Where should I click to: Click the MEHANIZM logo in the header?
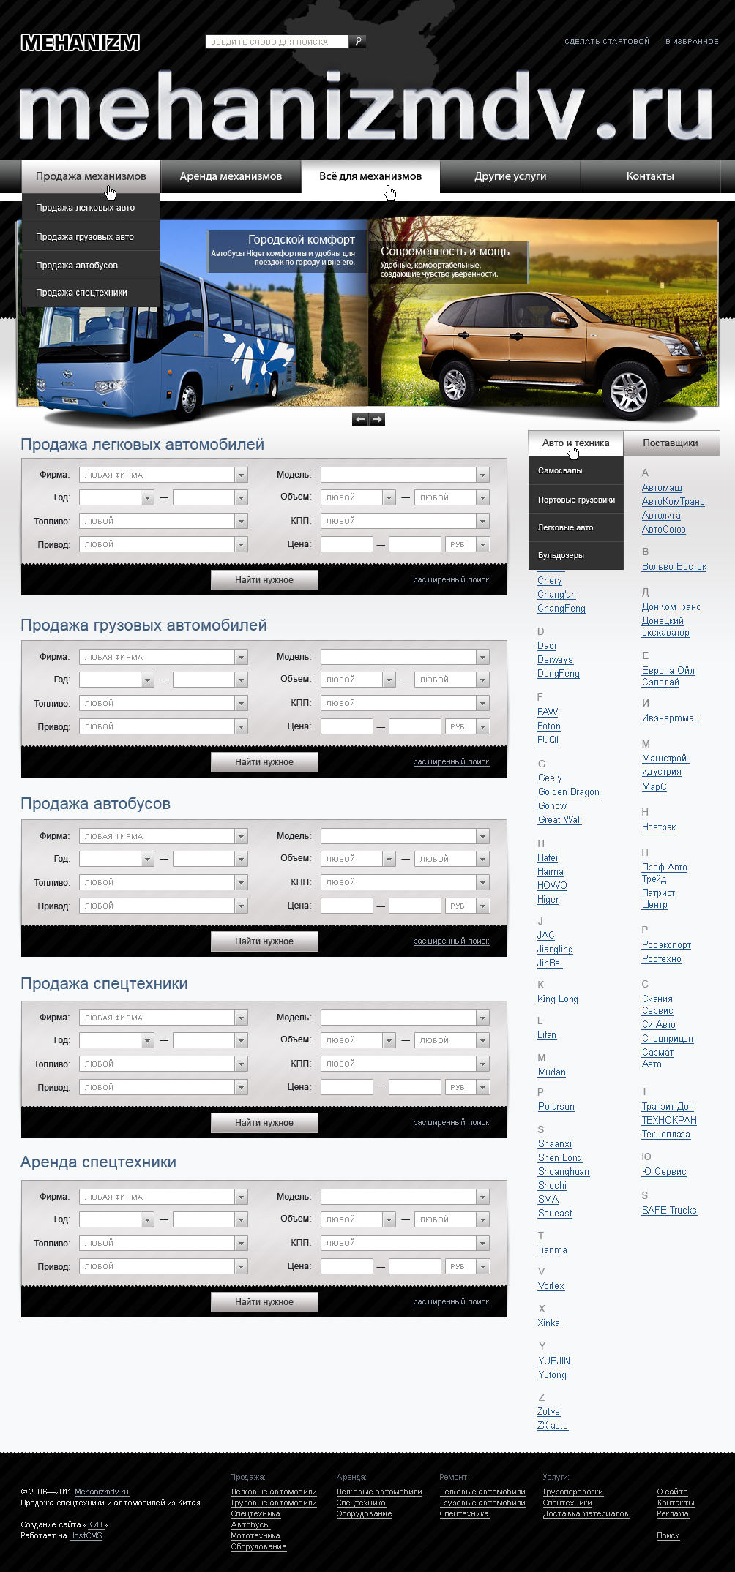point(81,42)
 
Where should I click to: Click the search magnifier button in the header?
point(357,42)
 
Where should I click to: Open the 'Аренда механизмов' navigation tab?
point(231,176)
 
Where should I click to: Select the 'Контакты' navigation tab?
point(650,176)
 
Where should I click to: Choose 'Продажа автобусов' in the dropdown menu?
point(77,266)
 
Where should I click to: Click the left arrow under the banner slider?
point(359,419)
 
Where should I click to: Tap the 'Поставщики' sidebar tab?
point(670,443)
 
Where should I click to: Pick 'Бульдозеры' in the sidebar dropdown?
point(561,555)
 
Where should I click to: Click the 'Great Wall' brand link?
point(560,820)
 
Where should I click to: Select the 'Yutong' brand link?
point(553,1375)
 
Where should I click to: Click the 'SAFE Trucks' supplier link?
point(669,1211)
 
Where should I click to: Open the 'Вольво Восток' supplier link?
point(674,567)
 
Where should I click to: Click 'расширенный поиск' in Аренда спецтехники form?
point(451,1302)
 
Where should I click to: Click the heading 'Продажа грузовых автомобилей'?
point(143,625)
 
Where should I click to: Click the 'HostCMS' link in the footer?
point(86,1535)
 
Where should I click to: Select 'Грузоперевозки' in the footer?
point(573,1492)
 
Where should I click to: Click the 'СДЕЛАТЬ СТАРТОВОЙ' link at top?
point(606,42)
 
